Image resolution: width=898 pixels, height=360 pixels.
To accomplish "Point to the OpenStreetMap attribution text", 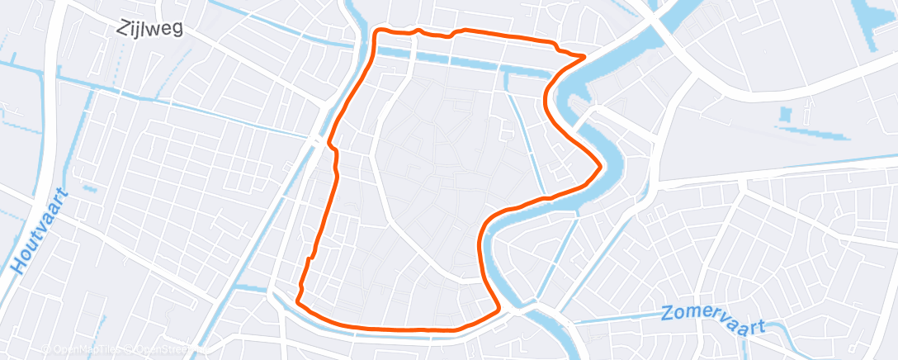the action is click(x=164, y=350).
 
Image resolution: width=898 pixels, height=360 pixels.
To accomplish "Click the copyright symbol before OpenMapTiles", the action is click(x=46, y=350).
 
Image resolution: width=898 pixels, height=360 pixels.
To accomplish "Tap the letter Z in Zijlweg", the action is click(x=123, y=28).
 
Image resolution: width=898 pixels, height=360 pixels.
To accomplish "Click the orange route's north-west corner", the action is click(x=378, y=32).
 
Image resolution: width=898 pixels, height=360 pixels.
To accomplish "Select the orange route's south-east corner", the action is click(x=499, y=310).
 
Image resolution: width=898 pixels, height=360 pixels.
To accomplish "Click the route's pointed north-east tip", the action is click(x=584, y=57).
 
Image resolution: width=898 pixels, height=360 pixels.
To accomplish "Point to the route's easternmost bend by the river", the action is click(x=599, y=166).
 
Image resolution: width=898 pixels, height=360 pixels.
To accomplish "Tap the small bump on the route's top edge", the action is click(x=419, y=31).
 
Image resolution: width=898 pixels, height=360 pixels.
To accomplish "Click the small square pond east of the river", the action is click(x=785, y=113).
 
